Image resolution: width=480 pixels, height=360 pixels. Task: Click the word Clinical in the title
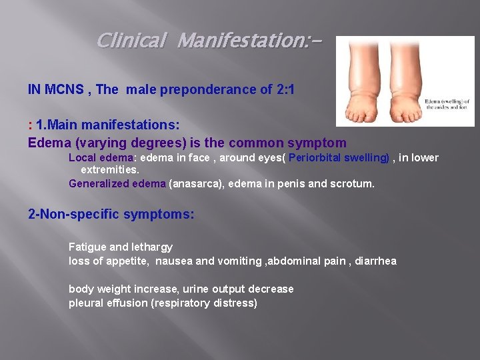point(131,41)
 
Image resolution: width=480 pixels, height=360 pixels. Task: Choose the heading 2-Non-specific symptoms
point(111,215)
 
